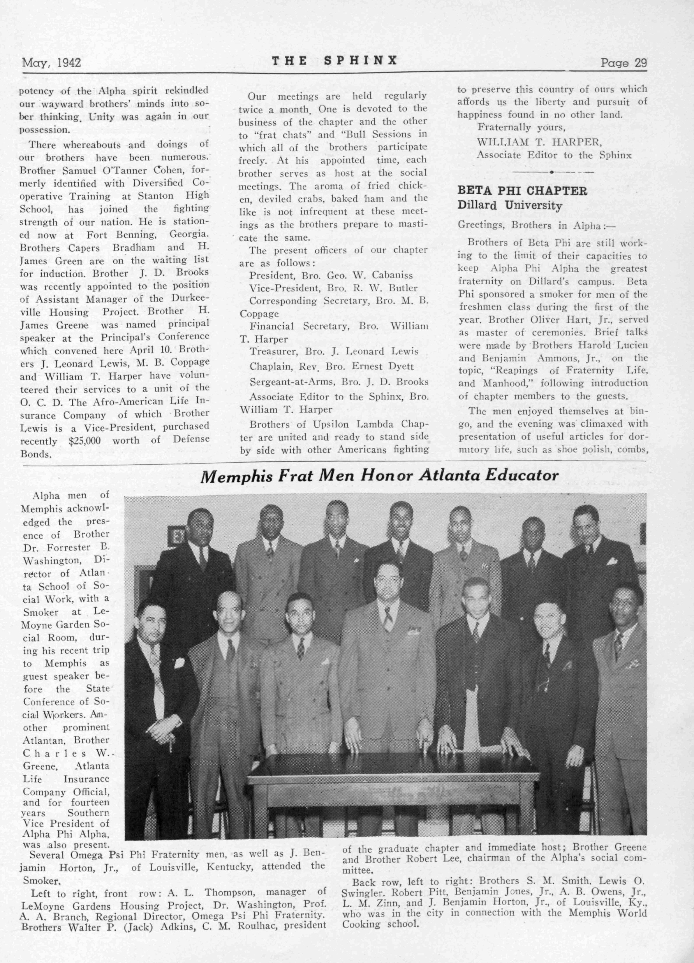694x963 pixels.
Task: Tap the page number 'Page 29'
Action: (623, 63)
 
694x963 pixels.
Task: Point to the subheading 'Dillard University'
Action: (510, 206)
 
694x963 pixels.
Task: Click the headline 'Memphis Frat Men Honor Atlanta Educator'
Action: (379, 475)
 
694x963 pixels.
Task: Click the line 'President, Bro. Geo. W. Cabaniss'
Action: (331, 275)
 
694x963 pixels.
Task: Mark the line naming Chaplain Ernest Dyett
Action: (331, 366)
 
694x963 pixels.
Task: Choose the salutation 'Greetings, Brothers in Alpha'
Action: (536, 225)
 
